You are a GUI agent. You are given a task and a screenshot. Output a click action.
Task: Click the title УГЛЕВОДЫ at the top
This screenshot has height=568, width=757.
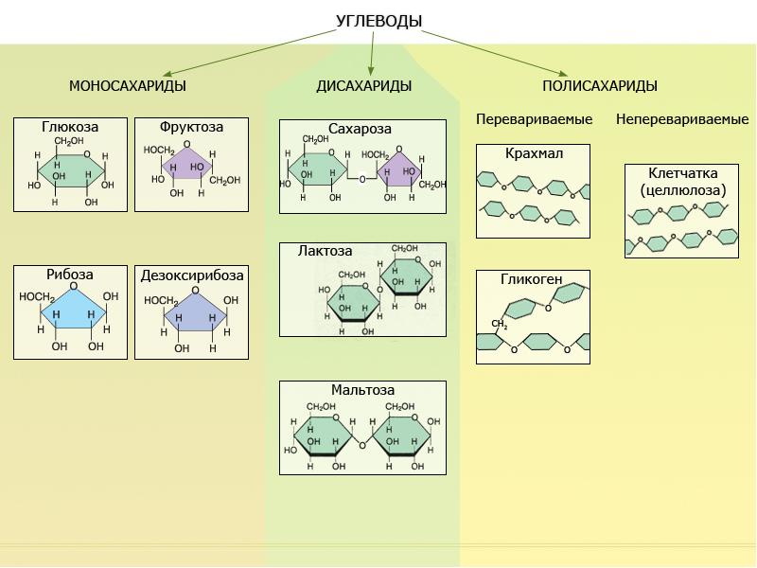pyautogui.click(x=378, y=22)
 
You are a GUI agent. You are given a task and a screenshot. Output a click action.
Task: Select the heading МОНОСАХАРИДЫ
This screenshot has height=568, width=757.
pyautogui.click(x=127, y=86)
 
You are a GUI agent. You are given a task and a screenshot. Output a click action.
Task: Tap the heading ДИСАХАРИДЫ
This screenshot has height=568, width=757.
pyautogui.click(x=363, y=86)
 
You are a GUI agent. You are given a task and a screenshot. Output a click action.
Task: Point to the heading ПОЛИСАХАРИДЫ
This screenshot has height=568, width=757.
pyautogui.click(x=600, y=86)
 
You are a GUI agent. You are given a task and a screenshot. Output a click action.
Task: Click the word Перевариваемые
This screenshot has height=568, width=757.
pyautogui.click(x=534, y=119)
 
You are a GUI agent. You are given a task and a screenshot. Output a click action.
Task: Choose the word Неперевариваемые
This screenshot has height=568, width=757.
pyautogui.click(x=682, y=119)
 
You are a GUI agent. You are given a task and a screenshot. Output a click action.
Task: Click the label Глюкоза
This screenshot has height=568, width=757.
pyautogui.click(x=70, y=126)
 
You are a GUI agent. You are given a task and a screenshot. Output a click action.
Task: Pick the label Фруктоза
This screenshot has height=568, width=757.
pyautogui.click(x=191, y=126)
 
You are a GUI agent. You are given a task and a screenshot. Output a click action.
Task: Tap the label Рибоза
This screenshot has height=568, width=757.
pyautogui.click(x=70, y=275)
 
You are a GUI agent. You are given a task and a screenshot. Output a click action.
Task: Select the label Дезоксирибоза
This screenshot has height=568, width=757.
pyautogui.click(x=191, y=275)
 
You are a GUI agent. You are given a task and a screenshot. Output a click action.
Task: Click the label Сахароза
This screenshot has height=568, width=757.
pyautogui.click(x=360, y=129)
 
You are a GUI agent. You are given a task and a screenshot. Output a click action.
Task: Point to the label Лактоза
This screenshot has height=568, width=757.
pyautogui.click(x=325, y=252)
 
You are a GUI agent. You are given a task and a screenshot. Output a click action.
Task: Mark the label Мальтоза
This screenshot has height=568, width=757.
pyautogui.click(x=362, y=390)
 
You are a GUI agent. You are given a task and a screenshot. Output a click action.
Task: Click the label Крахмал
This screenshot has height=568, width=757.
pyautogui.click(x=533, y=153)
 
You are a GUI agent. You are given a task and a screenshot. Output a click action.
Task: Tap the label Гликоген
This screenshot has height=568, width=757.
pyautogui.click(x=532, y=279)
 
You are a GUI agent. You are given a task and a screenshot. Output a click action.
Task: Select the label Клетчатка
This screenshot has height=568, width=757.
pyautogui.click(x=682, y=174)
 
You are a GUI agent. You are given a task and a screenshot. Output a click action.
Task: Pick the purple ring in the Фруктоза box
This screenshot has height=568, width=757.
pyautogui.click(x=184, y=166)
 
